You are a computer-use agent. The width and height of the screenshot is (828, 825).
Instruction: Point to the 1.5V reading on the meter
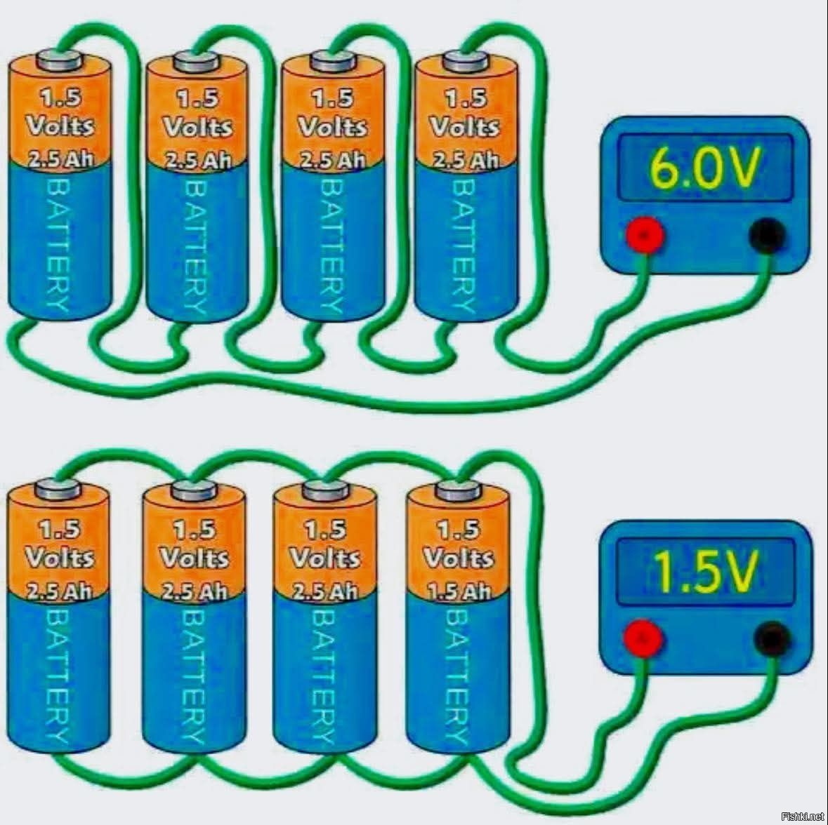pos(705,572)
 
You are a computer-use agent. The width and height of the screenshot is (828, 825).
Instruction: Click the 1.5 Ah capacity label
pos(459,591)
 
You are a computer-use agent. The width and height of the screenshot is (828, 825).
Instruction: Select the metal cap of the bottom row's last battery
pos(459,489)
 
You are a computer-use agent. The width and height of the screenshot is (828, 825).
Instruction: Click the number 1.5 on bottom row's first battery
pos(59,528)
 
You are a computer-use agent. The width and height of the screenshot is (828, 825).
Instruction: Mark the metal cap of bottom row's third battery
pos(325,489)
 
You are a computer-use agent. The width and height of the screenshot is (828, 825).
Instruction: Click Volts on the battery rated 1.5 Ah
pos(459,558)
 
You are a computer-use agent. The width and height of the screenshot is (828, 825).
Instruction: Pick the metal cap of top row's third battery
pos(331,60)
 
